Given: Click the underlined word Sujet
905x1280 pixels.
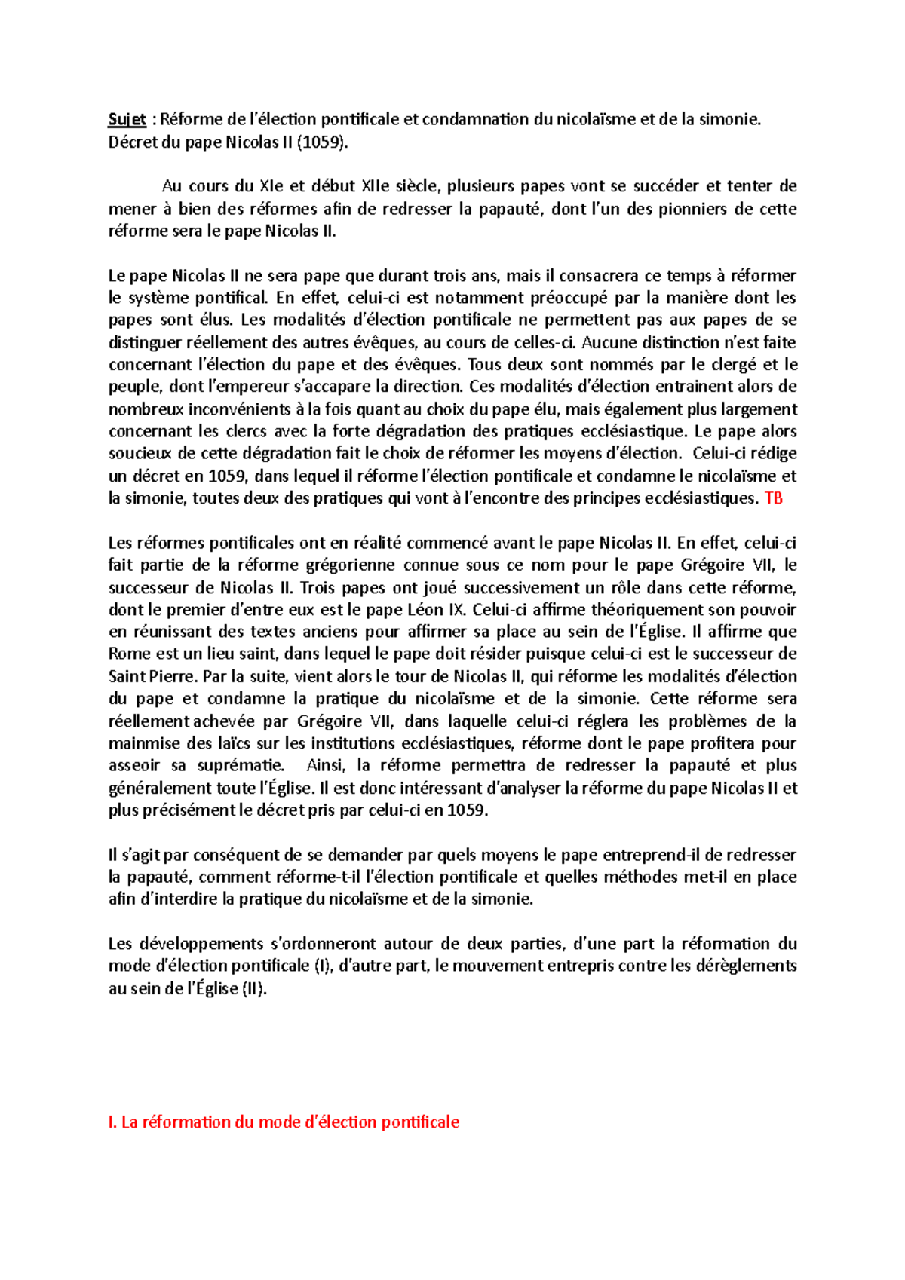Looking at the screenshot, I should (127, 119).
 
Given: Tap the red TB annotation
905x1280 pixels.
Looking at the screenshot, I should (774, 498).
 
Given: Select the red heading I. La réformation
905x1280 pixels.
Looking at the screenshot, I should (284, 1122).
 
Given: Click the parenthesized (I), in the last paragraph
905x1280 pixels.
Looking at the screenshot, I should (324, 966).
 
